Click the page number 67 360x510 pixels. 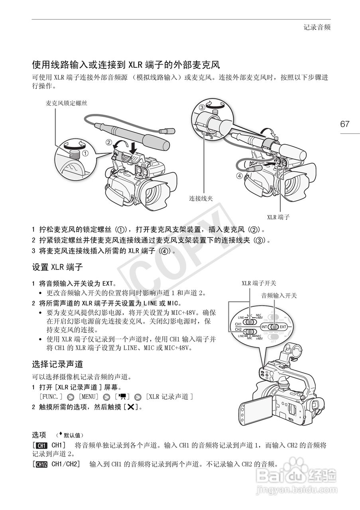tap(345, 124)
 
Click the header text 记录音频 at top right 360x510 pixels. tap(317, 27)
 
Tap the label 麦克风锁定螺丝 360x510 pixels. tap(66, 103)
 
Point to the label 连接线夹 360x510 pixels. tap(200, 198)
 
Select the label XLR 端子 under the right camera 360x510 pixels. tap(278, 217)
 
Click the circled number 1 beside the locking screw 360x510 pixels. tap(85, 152)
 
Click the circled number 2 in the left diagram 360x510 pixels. tap(108, 142)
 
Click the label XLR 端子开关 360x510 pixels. tap(259, 283)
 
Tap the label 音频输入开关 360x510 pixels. tap(279, 296)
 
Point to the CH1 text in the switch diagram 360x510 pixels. tap(238, 324)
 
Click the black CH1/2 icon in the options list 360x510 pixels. tap(41, 464)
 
